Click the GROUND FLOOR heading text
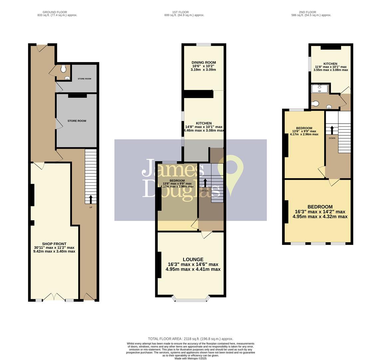pyautogui.click(x=55, y=12)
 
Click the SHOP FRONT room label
pyautogui.click(x=54, y=244)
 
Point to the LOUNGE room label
pyautogui.click(x=193, y=259)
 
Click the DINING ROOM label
pyautogui.click(x=203, y=62)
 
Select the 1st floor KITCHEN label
pyautogui.click(x=203, y=123)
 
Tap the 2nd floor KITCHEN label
pyautogui.click(x=330, y=64)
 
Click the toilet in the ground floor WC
pyautogui.click(x=63, y=69)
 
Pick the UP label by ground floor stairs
pyautogui.click(x=91, y=207)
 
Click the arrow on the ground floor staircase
pyautogui.click(x=91, y=199)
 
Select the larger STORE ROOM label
pyautogui.click(x=77, y=121)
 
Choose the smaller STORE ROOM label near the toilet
pyautogui.click(x=84, y=79)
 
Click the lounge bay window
pyautogui.click(x=191, y=300)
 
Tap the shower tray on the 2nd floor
pyautogui.click(x=320, y=88)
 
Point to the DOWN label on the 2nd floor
pyautogui.click(x=332, y=138)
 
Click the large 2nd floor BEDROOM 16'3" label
pyautogui.click(x=320, y=207)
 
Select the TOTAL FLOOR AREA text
pyautogui.click(x=190, y=339)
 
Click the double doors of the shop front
pyautogui.click(x=54, y=297)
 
